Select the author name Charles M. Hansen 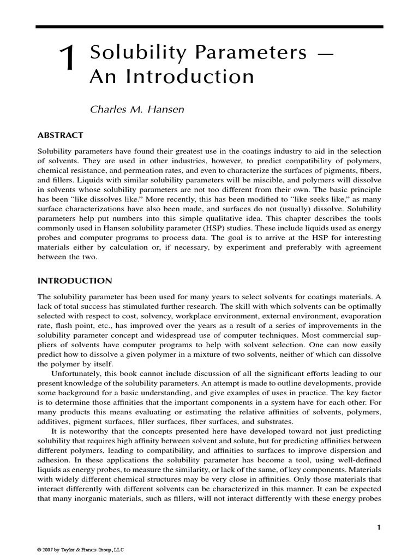(136, 109)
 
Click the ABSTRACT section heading (60, 135)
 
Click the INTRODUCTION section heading (74, 281)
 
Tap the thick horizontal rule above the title (209, 26)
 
